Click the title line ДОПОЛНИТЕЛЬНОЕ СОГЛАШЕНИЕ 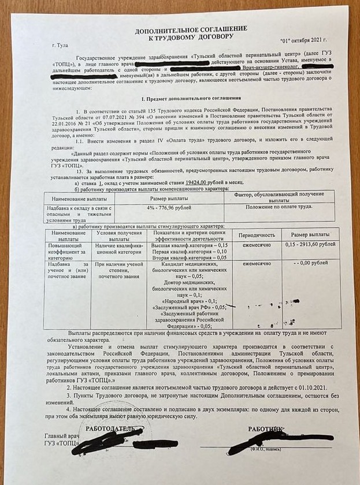pyautogui.click(x=191, y=28)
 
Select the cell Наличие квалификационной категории pyautogui.click(x=119, y=248)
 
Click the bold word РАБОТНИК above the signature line pyautogui.click(x=266, y=429)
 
